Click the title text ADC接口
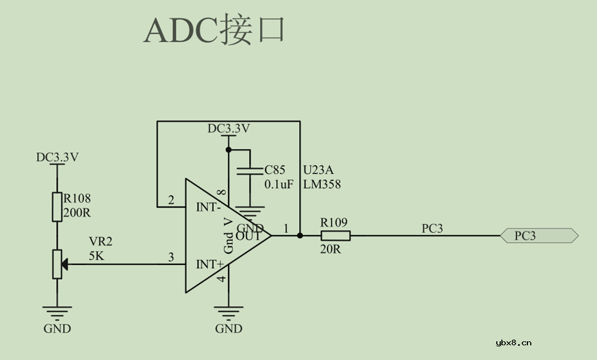point(214,31)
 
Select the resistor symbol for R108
point(57,207)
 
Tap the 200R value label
point(77,213)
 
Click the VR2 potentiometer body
point(57,264)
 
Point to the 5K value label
point(96,255)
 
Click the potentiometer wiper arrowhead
point(65,264)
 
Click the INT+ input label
point(209,264)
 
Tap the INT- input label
point(208,207)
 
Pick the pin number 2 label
point(171,200)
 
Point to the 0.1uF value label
point(279,185)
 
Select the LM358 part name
point(322,185)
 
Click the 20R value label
point(330,249)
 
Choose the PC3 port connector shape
point(539,235)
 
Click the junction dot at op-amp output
point(299,235)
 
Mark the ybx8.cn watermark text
point(513,342)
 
